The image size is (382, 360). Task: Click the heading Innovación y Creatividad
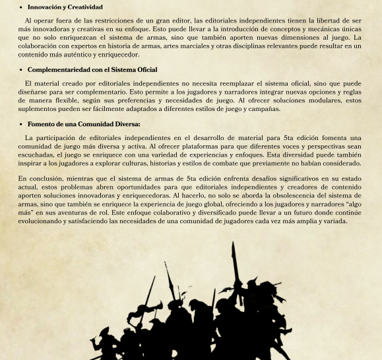pyautogui.click(x=65, y=7)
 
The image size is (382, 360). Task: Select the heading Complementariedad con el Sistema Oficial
pyautogui.click(x=92, y=69)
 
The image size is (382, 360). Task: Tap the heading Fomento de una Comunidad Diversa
pyautogui.click(x=83, y=124)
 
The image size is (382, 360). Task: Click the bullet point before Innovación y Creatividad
pyautogui.click(x=21, y=7)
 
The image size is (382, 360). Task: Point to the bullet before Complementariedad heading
pyautogui.click(x=21, y=69)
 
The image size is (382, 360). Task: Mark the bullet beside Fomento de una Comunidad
pyautogui.click(x=21, y=124)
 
